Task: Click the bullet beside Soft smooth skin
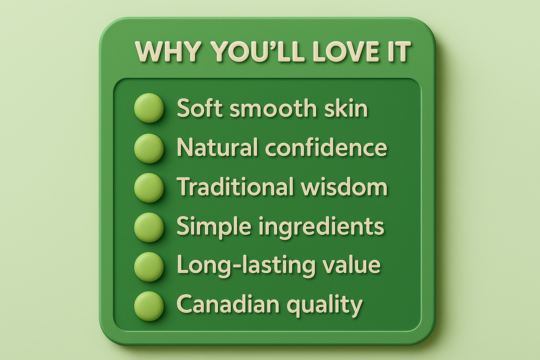[x=149, y=108]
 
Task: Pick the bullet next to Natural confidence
[x=149, y=148]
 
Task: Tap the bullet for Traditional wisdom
[x=149, y=188]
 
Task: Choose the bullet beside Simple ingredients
[x=149, y=227]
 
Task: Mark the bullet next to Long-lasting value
[x=149, y=267]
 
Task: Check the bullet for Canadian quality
[x=149, y=306]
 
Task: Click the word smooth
[x=273, y=108]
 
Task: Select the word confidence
[x=326, y=147]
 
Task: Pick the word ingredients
[x=321, y=227]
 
